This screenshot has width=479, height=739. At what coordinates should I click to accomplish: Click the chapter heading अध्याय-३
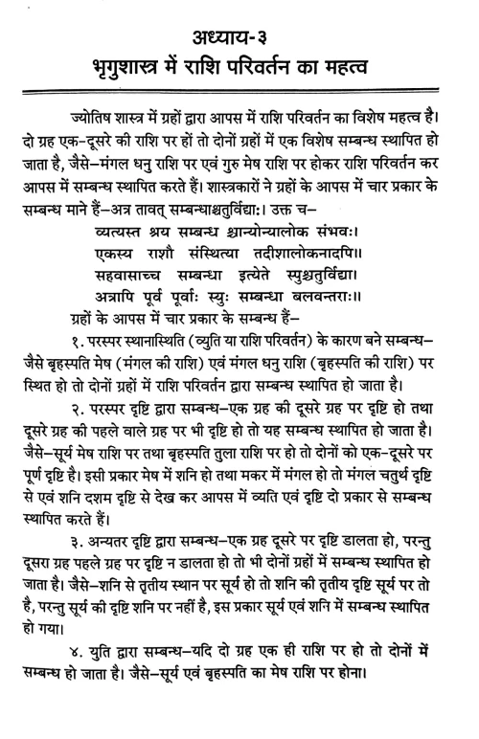click(x=239, y=20)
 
